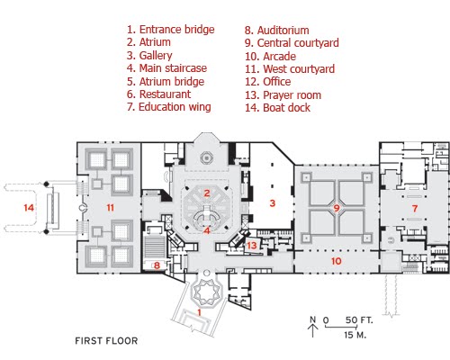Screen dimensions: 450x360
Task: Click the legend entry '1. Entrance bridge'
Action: click(x=171, y=30)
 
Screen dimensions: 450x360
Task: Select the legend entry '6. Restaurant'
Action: click(x=158, y=94)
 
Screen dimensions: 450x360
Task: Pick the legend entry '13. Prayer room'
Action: click(x=283, y=95)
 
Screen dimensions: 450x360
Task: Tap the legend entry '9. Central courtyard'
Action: click(x=292, y=43)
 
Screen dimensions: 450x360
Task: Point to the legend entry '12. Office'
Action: click(x=268, y=82)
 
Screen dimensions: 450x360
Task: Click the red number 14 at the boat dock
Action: click(x=29, y=208)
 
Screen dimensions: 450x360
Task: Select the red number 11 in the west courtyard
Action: click(x=110, y=208)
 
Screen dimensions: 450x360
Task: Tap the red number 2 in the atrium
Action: click(x=207, y=193)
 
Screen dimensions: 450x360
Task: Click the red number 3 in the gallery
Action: click(x=273, y=203)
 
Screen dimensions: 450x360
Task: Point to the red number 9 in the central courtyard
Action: click(x=337, y=208)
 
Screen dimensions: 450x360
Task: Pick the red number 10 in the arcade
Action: click(x=337, y=261)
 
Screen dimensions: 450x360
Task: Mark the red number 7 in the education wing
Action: click(x=415, y=208)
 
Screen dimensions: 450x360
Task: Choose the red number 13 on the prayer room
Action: click(x=252, y=246)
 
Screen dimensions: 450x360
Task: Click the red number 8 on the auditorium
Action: click(x=157, y=265)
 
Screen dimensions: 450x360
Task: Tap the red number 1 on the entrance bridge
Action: click(x=199, y=312)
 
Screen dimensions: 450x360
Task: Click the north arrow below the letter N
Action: click(x=312, y=331)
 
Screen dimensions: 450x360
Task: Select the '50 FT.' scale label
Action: click(x=359, y=320)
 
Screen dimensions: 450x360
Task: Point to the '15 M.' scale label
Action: click(x=355, y=335)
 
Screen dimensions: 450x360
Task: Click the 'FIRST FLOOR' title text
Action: click(x=106, y=341)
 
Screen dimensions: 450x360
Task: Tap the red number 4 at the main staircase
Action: click(x=207, y=230)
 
